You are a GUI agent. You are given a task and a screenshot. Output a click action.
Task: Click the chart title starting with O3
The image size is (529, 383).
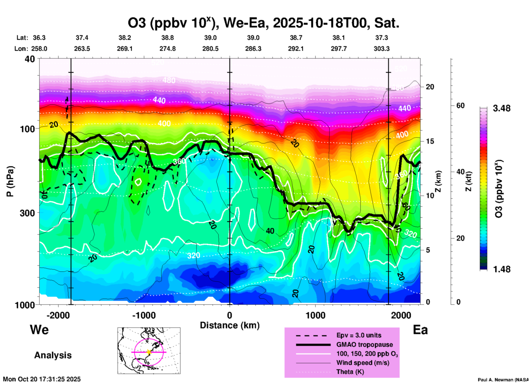tap(263, 23)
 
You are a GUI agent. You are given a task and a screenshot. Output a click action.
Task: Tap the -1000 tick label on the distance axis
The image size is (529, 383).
tap(144, 315)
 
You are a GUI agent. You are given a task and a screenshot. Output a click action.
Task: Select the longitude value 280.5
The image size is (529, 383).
tap(210, 49)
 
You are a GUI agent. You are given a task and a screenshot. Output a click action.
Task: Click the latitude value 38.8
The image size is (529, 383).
tap(167, 38)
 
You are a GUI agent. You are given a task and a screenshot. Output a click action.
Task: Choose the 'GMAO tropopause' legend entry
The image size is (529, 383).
tap(364, 345)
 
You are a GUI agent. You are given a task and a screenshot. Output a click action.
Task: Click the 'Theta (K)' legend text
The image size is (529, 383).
tap(350, 372)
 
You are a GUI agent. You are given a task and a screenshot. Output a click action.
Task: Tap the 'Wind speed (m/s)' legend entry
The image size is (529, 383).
tap(363, 363)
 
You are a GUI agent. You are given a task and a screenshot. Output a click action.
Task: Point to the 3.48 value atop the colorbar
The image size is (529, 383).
tap(502, 108)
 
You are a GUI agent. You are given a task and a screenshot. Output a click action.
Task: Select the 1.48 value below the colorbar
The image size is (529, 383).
tap(502, 269)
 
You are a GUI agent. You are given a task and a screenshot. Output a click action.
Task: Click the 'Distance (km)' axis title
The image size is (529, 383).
tap(230, 325)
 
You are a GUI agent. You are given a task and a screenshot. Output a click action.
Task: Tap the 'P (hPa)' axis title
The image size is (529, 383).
tap(10, 181)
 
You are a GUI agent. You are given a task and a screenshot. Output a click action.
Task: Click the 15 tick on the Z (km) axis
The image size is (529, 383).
tap(430, 141)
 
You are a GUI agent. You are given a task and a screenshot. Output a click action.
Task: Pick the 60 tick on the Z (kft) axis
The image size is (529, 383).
tap(460, 106)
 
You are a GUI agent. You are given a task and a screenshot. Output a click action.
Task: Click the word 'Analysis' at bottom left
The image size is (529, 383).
tap(53, 355)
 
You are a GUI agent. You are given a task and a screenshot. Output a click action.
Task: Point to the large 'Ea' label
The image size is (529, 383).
tap(420, 330)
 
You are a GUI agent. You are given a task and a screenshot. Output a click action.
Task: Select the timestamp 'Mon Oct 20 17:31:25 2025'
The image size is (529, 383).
tap(42, 379)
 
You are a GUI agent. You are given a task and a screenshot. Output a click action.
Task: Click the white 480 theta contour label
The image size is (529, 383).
tap(169, 80)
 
